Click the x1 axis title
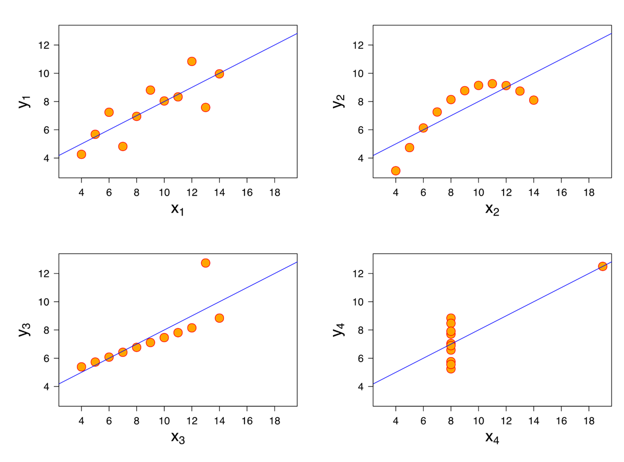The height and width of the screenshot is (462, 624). tap(177, 209)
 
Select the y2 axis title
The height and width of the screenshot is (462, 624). tap(338, 101)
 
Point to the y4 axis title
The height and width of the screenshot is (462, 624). tap(338, 330)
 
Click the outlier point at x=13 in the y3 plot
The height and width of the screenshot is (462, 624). tap(205, 263)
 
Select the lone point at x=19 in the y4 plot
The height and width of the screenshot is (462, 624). tap(602, 266)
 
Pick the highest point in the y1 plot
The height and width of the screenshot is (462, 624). tap(192, 61)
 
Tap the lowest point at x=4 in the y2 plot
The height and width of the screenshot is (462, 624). tap(396, 171)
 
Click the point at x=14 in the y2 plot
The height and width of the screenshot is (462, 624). tap(533, 100)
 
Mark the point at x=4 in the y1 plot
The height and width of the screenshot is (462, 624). tap(81, 154)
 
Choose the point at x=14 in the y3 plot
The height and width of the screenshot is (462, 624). tap(219, 318)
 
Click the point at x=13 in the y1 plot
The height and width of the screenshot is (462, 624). tap(205, 108)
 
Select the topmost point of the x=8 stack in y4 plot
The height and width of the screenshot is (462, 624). tap(451, 318)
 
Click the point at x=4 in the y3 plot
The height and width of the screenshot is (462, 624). tap(81, 367)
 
